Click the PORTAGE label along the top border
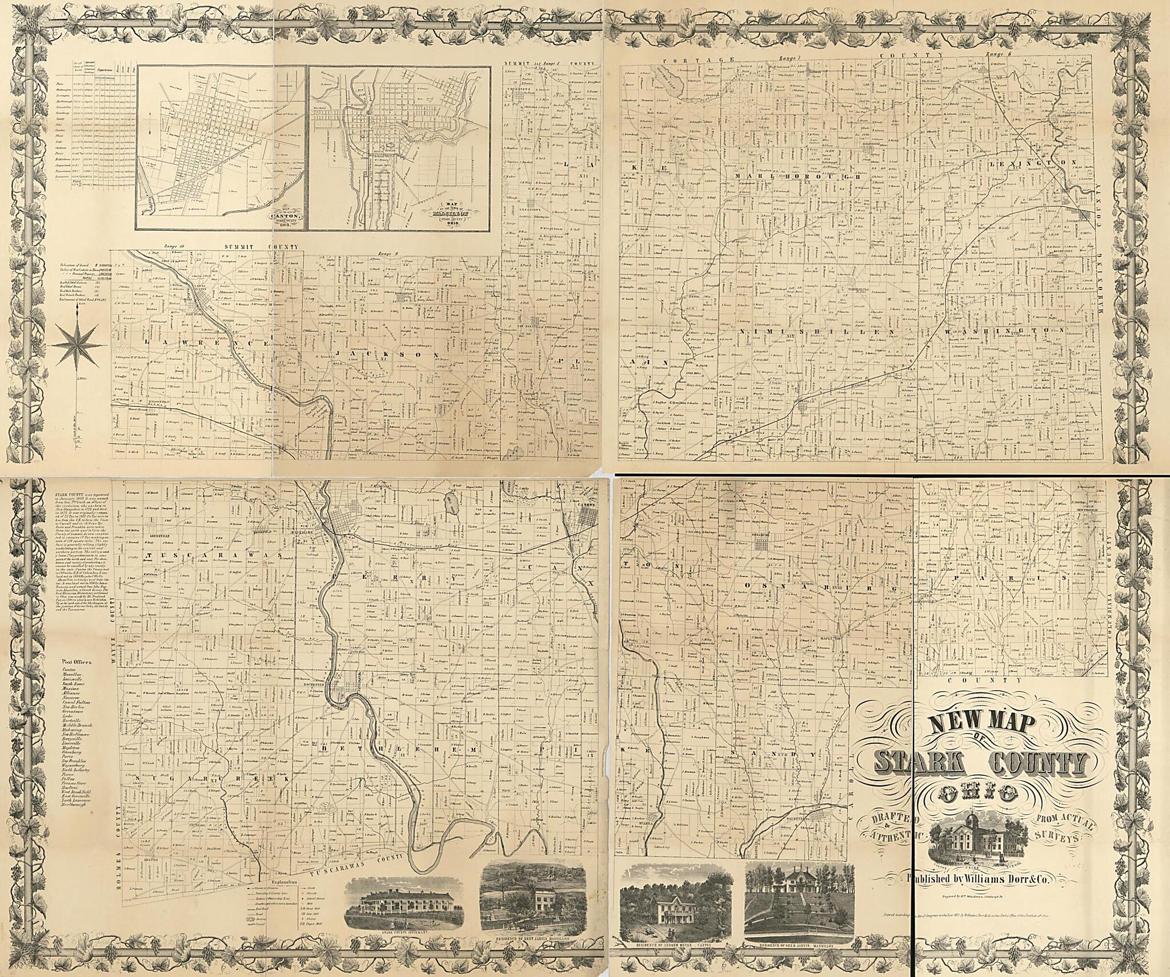pyautogui.click(x=696, y=59)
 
